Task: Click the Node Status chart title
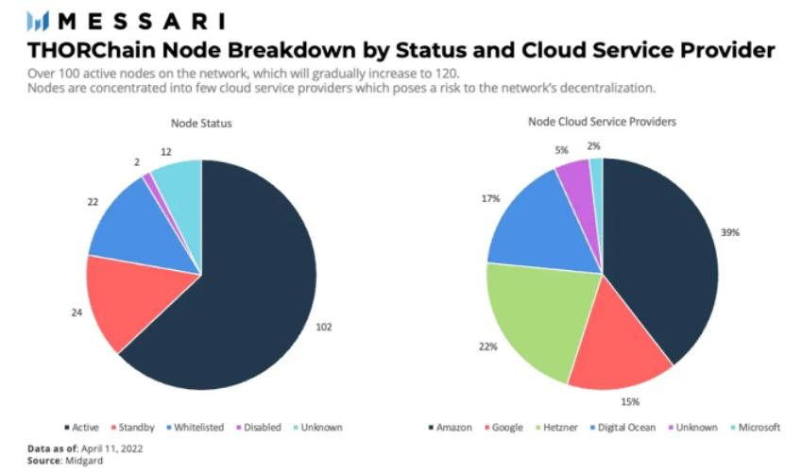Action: point(200,123)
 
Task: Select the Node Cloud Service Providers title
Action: point(602,122)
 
